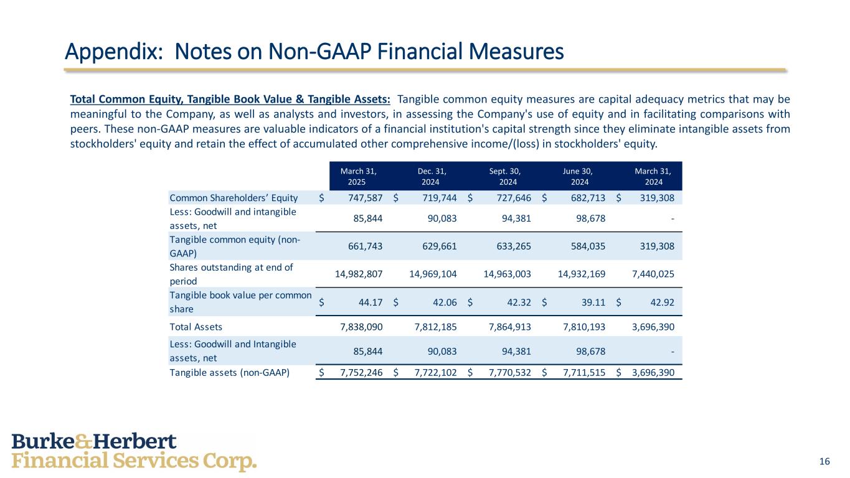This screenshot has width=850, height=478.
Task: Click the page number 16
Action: click(x=824, y=461)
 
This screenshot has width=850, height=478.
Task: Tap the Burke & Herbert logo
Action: click(x=134, y=452)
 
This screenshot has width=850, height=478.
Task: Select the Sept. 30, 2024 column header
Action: click(x=505, y=176)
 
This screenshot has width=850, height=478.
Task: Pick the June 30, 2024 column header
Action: click(x=578, y=176)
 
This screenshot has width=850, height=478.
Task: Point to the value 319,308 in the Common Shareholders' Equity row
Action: click(x=654, y=198)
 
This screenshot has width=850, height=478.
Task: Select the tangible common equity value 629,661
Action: click(x=437, y=246)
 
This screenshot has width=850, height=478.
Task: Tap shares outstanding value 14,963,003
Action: click(x=507, y=273)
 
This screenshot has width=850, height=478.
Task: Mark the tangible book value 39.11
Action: click(x=592, y=302)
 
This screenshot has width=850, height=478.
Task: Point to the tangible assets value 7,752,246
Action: click(x=357, y=373)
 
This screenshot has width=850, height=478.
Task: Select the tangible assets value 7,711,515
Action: click(x=580, y=373)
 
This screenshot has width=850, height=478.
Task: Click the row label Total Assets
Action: click(x=196, y=327)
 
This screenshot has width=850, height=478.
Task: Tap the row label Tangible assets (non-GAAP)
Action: click(x=230, y=373)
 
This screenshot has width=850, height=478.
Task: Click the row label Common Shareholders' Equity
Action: click(x=234, y=198)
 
